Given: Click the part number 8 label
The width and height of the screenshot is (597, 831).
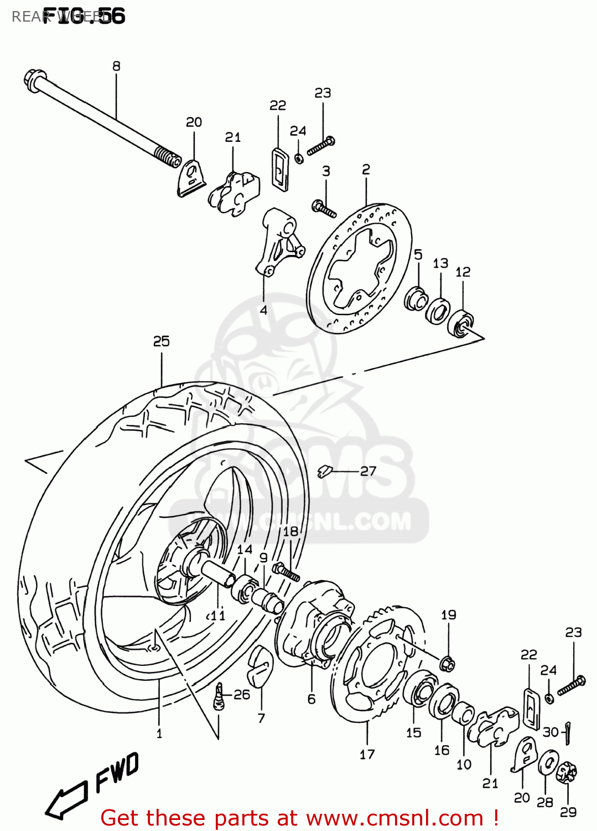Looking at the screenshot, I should point(116,66).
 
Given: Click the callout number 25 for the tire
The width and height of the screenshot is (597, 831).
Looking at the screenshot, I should point(161,341).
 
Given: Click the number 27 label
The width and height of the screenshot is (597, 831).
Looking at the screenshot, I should point(368,471).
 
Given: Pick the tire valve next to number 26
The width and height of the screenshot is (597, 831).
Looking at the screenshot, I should point(219,697).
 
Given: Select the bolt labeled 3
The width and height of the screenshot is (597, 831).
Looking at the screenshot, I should point(324,209).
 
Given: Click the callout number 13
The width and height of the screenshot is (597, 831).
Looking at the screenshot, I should point(440,263).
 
